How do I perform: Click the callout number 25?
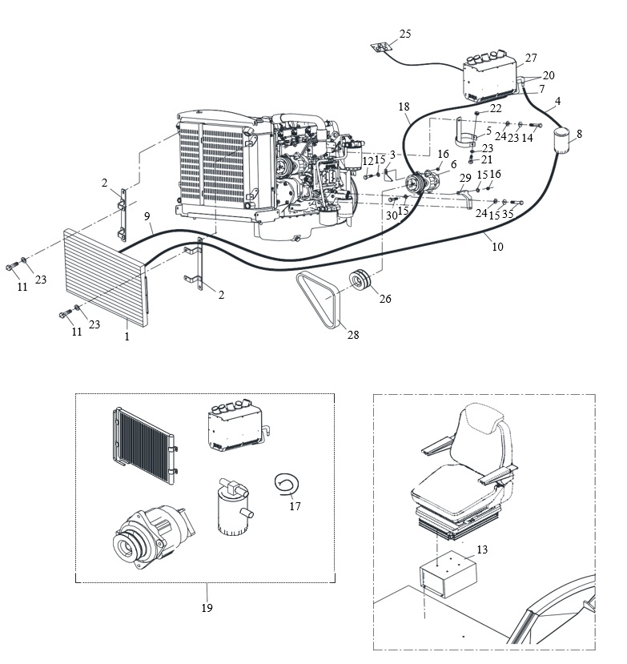pyautogui.click(x=404, y=34)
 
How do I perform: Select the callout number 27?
pyautogui.click(x=531, y=58)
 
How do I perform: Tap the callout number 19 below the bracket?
pyautogui.click(x=207, y=608)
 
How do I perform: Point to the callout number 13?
pyautogui.click(x=482, y=549)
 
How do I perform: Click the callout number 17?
pyautogui.click(x=295, y=505)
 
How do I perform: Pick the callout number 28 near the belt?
pyautogui.click(x=352, y=335)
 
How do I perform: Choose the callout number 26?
pyautogui.click(x=385, y=299)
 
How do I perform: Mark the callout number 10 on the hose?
pyautogui.click(x=497, y=247)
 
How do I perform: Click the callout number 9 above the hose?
pyautogui.click(x=147, y=216)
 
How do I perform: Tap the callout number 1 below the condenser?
pyautogui.click(x=127, y=336)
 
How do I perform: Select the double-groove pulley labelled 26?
pyautogui.click(x=360, y=280)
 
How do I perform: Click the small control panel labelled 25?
pyautogui.click(x=380, y=46)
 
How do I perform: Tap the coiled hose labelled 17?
pyautogui.click(x=286, y=483)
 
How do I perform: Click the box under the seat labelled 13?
pyautogui.click(x=448, y=573)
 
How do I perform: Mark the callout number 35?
pyautogui.click(x=508, y=214)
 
